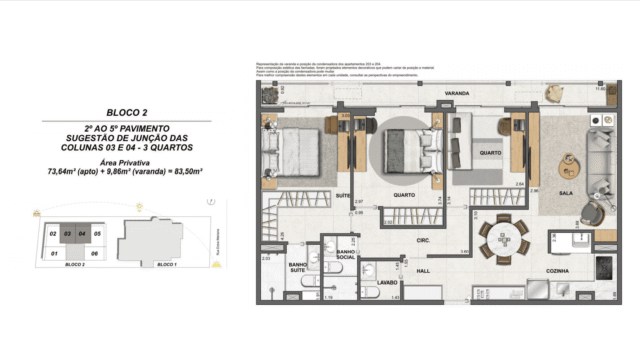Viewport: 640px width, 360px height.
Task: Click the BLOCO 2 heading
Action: click(126, 112)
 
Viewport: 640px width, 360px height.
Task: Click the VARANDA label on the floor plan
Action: click(456, 95)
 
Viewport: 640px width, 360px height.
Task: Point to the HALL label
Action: click(423, 270)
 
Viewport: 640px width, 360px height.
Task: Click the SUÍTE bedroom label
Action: click(343, 196)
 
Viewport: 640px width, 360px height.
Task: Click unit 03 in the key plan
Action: click(68, 234)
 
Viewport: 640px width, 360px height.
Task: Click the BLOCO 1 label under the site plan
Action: click(167, 265)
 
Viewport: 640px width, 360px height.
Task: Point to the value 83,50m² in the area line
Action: click(187, 172)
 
